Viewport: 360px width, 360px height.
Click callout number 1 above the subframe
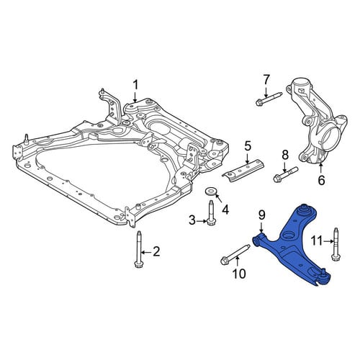135,86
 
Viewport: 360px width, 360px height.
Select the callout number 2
156,252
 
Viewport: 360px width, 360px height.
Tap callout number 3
192,220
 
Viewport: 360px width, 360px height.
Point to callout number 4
225,210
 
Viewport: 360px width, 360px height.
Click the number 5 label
248,147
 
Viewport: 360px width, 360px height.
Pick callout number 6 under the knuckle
321,180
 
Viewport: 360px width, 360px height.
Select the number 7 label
266,80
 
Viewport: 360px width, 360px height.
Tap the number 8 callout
285,155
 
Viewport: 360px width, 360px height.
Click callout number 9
261,215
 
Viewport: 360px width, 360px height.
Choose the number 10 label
239,274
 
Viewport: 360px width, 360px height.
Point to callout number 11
318,240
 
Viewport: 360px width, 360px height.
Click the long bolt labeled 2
139,249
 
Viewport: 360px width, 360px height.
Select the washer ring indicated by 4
210,192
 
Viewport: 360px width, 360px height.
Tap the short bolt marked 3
210,214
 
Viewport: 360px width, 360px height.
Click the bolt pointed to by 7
269,99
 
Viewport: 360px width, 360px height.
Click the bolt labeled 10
235,254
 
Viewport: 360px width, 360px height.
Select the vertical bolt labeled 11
336,244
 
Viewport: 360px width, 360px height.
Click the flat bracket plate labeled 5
243,171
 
